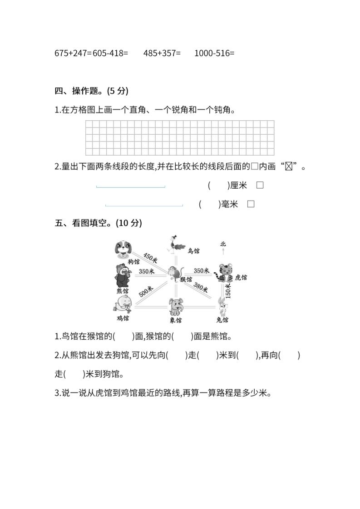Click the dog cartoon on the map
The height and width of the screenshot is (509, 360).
point(123,248)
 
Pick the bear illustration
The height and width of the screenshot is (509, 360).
point(123,275)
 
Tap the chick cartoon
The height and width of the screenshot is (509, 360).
point(123,304)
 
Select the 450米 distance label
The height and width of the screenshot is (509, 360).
point(150,258)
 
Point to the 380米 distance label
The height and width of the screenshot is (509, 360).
point(200,287)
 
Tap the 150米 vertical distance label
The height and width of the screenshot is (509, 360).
point(228,291)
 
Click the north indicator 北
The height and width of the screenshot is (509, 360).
point(223,244)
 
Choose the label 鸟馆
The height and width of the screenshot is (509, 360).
point(193,250)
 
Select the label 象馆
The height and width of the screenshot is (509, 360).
point(176,320)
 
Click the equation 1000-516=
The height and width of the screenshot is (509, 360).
point(214,53)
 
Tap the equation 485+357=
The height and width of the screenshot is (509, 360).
point(162,53)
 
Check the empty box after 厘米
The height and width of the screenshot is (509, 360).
point(260,185)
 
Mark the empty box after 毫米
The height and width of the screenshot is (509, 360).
point(251,204)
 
